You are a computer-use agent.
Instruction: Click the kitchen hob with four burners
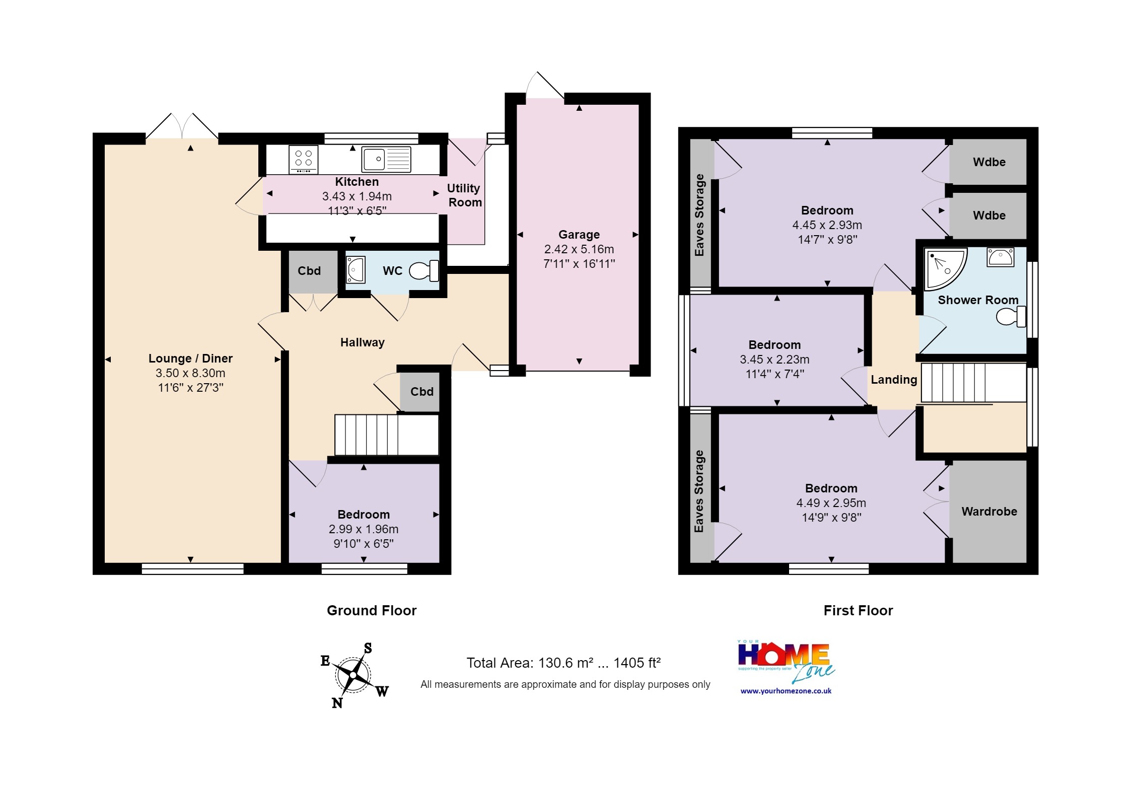pyautogui.click(x=304, y=159)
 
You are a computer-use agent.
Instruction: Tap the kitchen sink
pyautogui.click(x=386, y=159)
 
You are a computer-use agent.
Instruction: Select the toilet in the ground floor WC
pyautogui.click(x=424, y=271)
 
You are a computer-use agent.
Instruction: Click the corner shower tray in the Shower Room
pyautogui.click(x=946, y=269)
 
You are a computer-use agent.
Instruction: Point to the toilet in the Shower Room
pyautogui.click(x=1011, y=316)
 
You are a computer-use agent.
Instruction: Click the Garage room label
pyautogui.click(x=579, y=235)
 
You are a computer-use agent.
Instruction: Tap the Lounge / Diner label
pyautogui.click(x=190, y=359)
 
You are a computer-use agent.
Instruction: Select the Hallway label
pyautogui.click(x=363, y=342)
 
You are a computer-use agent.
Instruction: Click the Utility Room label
pyautogui.click(x=464, y=195)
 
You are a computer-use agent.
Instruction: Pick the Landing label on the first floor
pyautogui.click(x=894, y=380)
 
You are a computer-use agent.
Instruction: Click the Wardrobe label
pyautogui.click(x=989, y=512)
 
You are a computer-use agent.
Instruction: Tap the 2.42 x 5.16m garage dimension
pyautogui.click(x=579, y=249)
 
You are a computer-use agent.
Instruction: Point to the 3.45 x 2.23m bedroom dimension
pyautogui.click(x=774, y=360)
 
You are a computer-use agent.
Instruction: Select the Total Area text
pyautogui.click(x=563, y=663)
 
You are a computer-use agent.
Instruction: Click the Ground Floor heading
pyautogui.click(x=372, y=611)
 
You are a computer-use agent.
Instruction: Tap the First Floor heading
pyautogui.click(x=858, y=611)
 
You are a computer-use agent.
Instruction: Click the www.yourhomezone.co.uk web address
pyautogui.click(x=786, y=691)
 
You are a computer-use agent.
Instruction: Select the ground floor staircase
pyautogui.click(x=387, y=435)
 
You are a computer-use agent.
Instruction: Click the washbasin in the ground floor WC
pyautogui.click(x=356, y=270)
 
